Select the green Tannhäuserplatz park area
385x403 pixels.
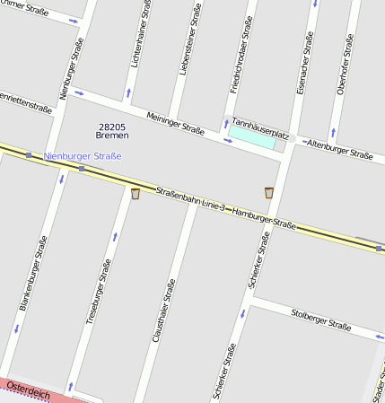(252, 137)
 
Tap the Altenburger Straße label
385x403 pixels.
(339, 149)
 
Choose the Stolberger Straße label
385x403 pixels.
(321, 319)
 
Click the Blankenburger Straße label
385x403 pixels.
(34, 273)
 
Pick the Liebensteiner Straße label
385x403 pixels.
(188, 40)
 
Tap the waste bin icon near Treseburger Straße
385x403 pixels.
(136, 193)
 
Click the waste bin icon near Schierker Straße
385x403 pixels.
(269, 192)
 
